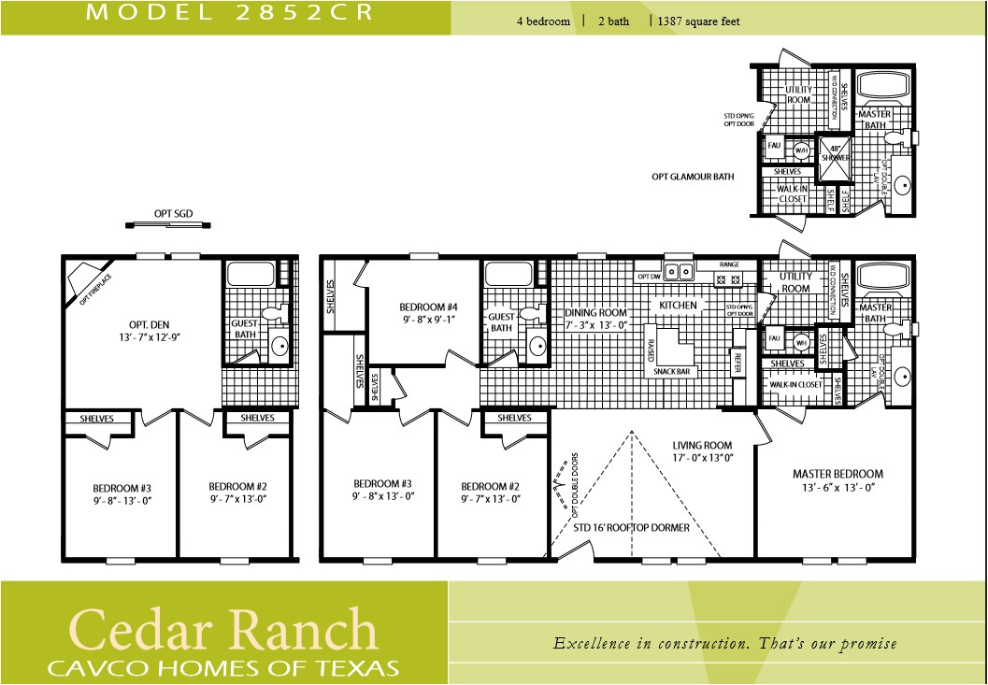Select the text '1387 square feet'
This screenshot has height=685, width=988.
point(699,21)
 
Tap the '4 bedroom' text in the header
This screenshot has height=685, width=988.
point(543,21)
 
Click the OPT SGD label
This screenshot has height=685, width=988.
point(173,214)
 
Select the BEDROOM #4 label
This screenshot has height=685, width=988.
point(428,312)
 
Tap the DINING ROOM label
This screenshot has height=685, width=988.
point(595,319)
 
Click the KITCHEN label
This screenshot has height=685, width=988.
point(678,306)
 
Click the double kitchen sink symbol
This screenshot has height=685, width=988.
point(677,273)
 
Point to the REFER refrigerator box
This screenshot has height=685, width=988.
point(737,362)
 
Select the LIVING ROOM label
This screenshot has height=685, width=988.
point(702,451)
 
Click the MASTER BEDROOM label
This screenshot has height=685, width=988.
point(838,479)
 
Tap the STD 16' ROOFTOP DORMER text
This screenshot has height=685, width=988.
point(632,528)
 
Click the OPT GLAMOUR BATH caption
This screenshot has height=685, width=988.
point(693,176)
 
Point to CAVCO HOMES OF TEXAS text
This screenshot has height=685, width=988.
point(224,667)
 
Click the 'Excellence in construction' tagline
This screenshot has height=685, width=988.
point(725,643)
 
